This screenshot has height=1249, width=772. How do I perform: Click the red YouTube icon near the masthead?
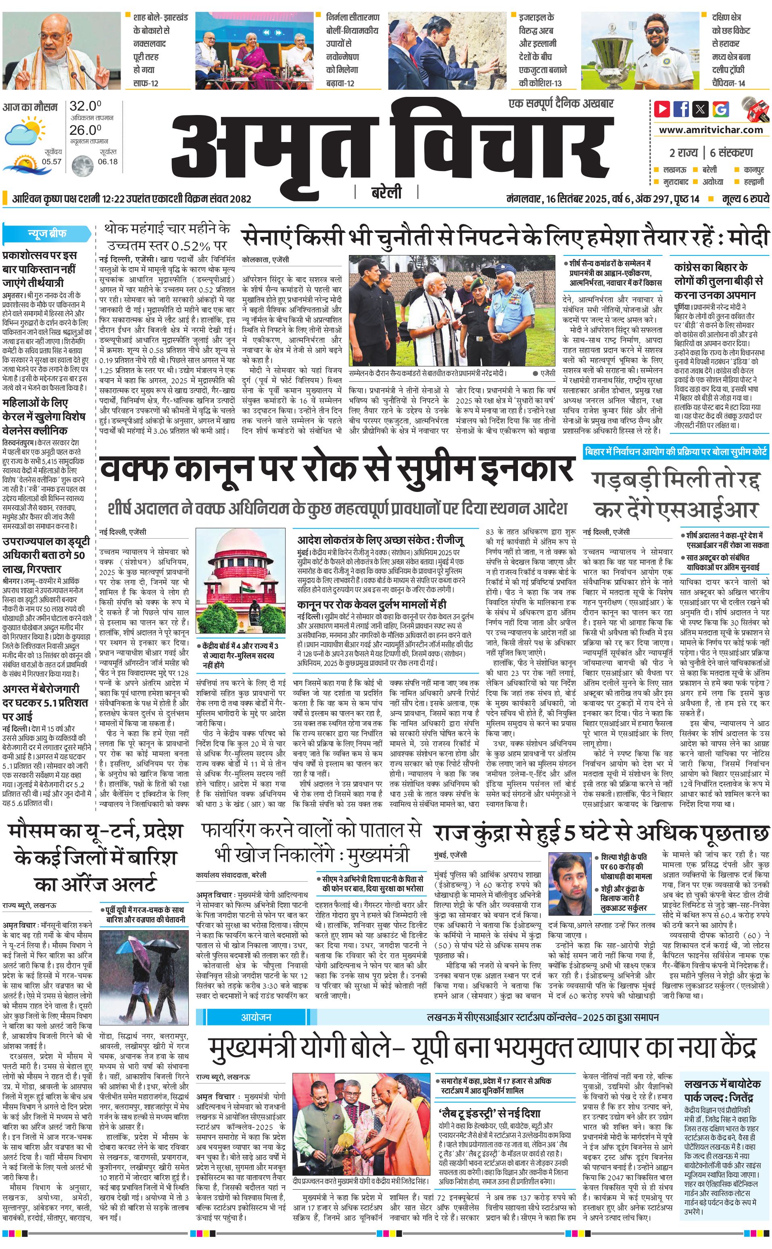point(662,109)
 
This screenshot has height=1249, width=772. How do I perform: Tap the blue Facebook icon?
point(681,109)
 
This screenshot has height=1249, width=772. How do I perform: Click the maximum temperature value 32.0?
point(85,106)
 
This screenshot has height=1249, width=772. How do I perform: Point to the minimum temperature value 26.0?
point(85,130)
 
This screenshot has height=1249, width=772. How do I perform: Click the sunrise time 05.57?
point(52,161)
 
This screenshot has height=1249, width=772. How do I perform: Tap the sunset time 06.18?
point(108,161)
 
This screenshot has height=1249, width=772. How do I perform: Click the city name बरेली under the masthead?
point(386,192)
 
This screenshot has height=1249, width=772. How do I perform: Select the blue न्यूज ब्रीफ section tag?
point(46,234)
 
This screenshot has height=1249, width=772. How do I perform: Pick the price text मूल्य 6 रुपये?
point(745,199)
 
